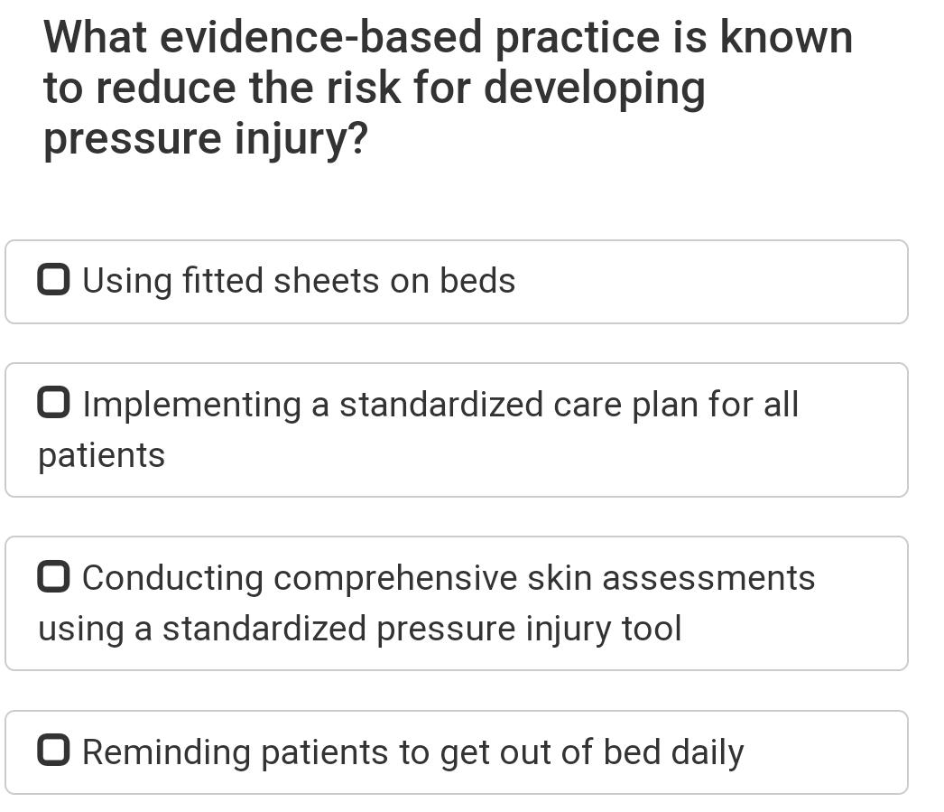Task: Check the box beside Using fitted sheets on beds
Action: point(53,280)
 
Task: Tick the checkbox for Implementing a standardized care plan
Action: point(53,404)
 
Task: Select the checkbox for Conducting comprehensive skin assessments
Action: point(53,577)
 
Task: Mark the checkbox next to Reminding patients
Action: point(53,751)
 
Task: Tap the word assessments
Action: point(708,578)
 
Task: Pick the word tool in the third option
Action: point(652,629)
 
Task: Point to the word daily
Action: point(707,752)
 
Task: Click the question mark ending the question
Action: point(357,140)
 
